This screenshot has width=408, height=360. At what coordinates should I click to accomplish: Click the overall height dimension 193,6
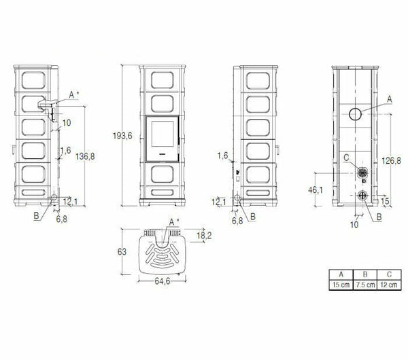click(x=121, y=136)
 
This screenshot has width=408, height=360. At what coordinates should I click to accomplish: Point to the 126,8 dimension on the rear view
click(x=390, y=161)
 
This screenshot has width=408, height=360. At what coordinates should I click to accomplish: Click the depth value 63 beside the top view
click(x=122, y=252)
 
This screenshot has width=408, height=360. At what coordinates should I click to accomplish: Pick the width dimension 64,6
click(x=160, y=280)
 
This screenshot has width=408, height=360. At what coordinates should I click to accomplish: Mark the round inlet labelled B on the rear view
click(x=362, y=198)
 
